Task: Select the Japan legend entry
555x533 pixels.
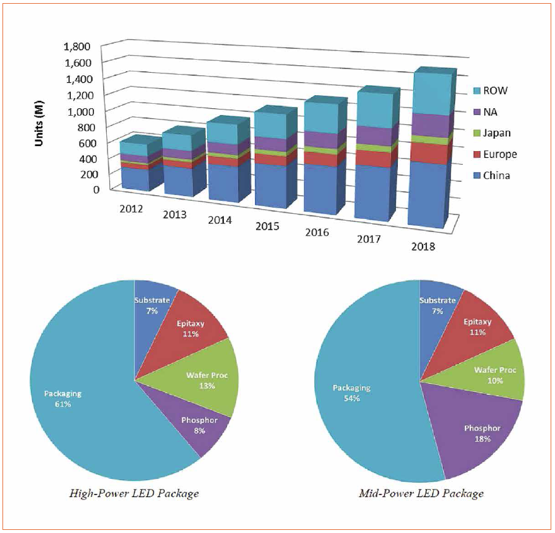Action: tap(489, 133)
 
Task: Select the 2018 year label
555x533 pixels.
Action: tap(423, 246)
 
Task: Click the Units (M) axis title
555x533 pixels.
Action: tap(39, 118)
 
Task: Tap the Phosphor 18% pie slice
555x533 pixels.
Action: tap(482, 432)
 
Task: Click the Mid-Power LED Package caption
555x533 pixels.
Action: tap(421, 494)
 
